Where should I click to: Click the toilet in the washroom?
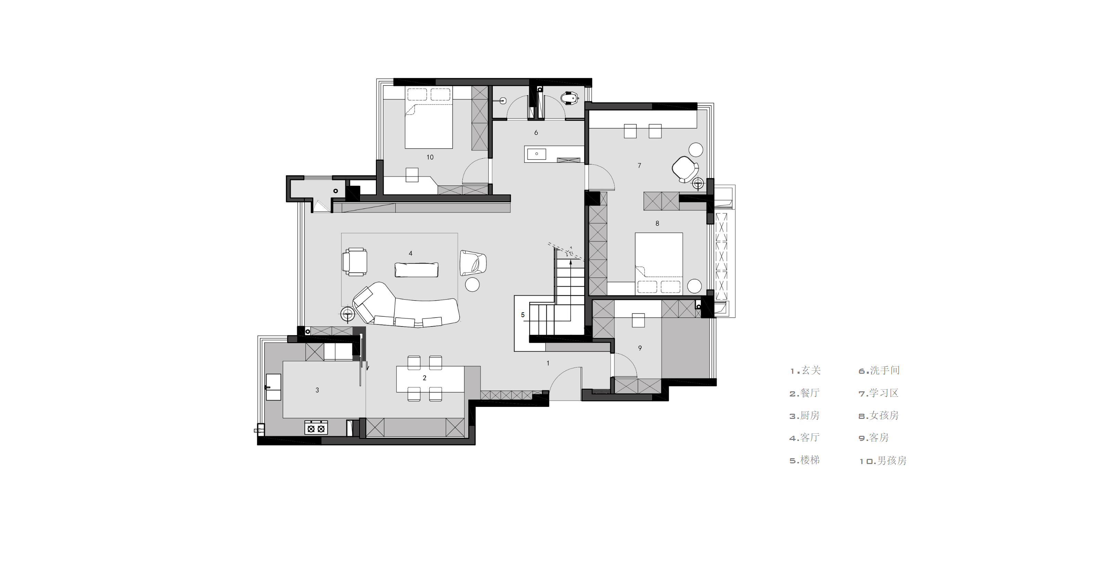tap(570, 99)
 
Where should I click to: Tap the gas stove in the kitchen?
tap(316, 427)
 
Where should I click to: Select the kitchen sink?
tap(273, 387)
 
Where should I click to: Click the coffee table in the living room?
tap(416, 270)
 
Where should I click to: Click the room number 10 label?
tap(430, 157)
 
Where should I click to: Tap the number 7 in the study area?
tap(639, 165)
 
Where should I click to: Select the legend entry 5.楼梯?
tap(804, 460)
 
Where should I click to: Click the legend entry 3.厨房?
tap(804, 415)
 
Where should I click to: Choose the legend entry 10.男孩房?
tap(883, 461)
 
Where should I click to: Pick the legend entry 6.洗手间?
tap(879, 370)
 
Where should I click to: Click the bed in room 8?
tap(658, 263)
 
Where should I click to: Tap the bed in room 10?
tap(428, 117)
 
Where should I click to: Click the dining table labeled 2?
tap(430, 379)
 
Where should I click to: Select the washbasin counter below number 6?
tap(554, 154)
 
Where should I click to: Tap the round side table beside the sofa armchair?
tap(472, 284)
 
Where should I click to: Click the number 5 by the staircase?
tap(523, 315)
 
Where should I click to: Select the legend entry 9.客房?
tap(874, 438)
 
